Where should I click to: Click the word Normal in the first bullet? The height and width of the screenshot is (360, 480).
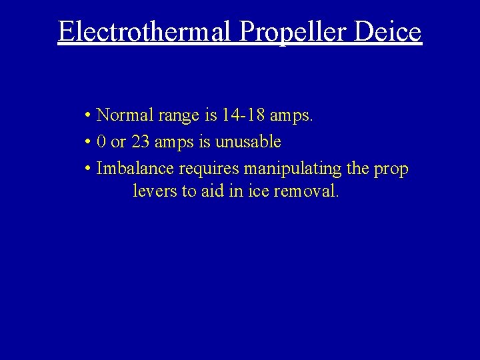click(125, 115)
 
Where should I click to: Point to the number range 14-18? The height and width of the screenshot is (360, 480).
click(244, 115)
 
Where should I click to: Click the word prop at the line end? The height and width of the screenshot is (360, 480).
click(391, 169)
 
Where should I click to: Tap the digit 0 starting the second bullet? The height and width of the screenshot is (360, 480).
click(101, 142)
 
